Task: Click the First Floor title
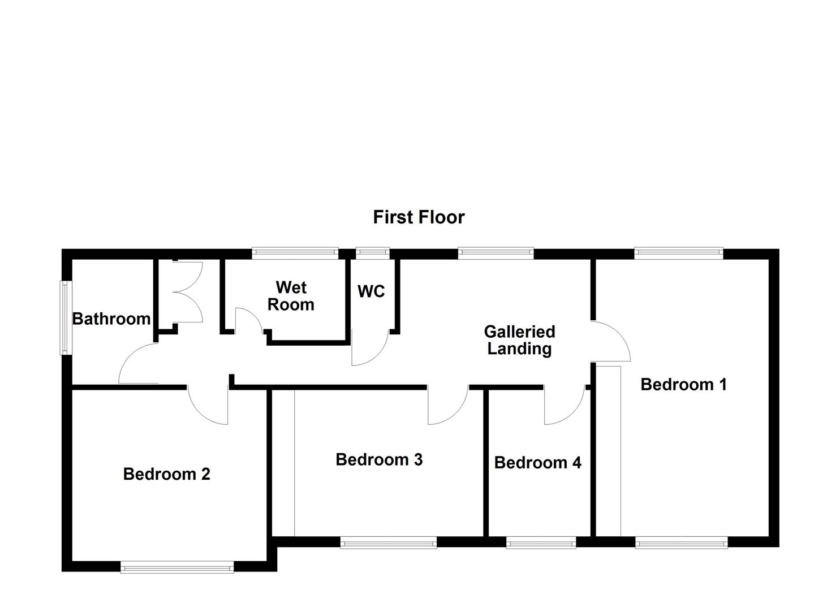point(419,217)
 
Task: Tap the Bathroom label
point(111,319)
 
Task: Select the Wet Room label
point(291,296)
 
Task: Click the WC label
point(371,291)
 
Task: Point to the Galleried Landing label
point(519,340)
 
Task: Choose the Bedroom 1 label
point(683,385)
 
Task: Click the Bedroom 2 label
point(166,474)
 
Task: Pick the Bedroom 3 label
point(379,459)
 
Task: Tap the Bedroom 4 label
point(537,463)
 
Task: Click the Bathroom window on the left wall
point(66,318)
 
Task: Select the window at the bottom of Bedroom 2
point(177,566)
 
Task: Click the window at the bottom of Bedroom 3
point(389,543)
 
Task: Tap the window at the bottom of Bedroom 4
point(541,543)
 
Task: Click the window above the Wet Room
point(295,253)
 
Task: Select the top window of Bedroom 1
point(679,253)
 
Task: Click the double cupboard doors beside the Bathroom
point(187,291)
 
